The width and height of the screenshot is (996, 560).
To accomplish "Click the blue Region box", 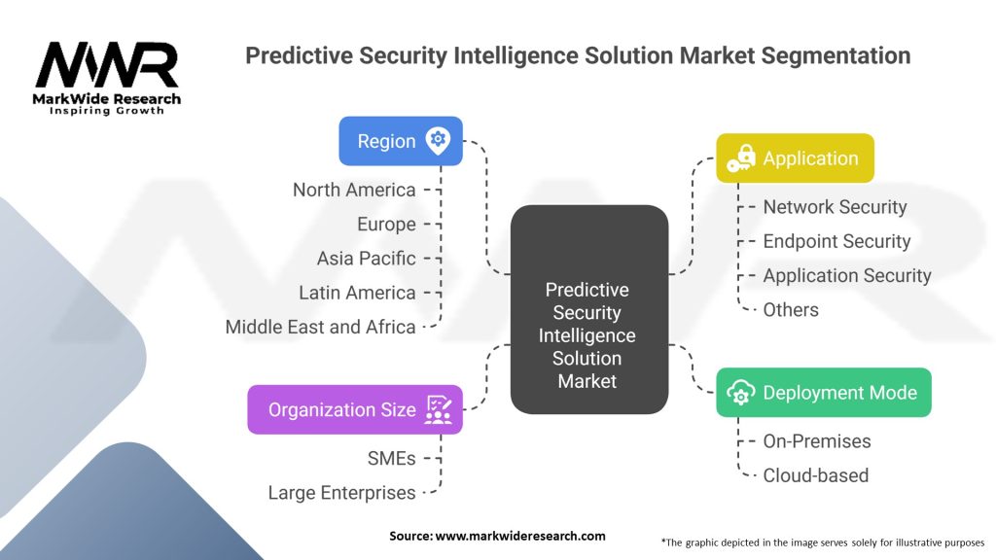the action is click(x=401, y=141).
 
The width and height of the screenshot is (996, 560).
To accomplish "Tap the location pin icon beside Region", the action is click(x=438, y=140).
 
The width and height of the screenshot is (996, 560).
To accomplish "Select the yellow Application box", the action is click(x=796, y=158).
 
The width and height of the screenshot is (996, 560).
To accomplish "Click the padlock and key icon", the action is click(x=741, y=158).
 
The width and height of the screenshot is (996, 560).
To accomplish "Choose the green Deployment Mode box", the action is click(x=824, y=393).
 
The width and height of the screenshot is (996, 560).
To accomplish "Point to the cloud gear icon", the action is click(x=740, y=393).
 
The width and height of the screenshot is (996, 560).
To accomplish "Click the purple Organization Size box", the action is click(x=355, y=409).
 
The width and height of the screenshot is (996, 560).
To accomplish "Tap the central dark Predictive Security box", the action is click(x=589, y=309).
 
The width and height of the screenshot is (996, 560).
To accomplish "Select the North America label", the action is click(x=354, y=190).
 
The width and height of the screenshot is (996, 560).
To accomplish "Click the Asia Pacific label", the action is click(x=367, y=259).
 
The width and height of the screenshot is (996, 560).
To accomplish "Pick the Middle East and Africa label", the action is click(x=321, y=327).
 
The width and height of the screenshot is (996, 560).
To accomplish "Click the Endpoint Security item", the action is click(x=836, y=241).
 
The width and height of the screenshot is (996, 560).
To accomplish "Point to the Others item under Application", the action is click(x=791, y=310).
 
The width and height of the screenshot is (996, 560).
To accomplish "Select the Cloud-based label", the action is click(x=816, y=475).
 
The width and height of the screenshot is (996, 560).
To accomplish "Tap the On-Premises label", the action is click(x=817, y=441).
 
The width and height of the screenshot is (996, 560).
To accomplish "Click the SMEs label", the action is click(x=391, y=459).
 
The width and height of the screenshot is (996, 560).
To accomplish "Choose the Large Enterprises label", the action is click(x=341, y=493).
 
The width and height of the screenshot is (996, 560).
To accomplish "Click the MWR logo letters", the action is click(x=107, y=65).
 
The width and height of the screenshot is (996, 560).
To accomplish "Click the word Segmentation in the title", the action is click(x=836, y=55).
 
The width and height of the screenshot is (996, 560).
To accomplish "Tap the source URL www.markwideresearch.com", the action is click(x=520, y=536).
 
